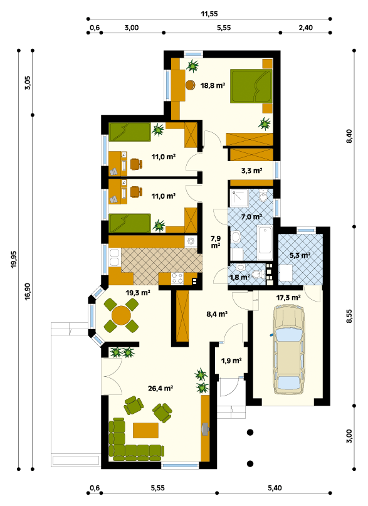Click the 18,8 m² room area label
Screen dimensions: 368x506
[x=213, y=85]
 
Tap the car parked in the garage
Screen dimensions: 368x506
[x=288, y=349]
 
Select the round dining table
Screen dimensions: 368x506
[x=121, y=315]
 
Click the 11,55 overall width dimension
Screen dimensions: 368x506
[x=209, y=14]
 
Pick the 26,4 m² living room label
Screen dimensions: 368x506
[x=160, y=388]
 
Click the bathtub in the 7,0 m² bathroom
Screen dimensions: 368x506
[x=265, y=240]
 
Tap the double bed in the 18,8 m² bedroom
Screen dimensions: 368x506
[x=251, y=86]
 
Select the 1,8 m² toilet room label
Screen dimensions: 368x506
[x=239, y=277]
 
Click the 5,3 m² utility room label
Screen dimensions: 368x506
[x=300, y=255]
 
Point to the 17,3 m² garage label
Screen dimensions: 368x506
[x=288, y=298]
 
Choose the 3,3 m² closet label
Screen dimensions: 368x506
[x=251, y=171]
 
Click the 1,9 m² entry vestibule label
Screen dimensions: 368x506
[x=231, y=361]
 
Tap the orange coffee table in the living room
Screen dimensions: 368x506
[x=146, y=430]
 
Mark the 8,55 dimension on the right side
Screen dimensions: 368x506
[x=350, y=316]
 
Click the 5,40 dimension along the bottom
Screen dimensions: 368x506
[x=275, y=488]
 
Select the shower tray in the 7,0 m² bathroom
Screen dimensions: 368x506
[x=239, y=198]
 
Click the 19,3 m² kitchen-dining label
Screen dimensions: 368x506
[x=138, y=293]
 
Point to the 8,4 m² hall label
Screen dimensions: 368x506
[x=217, y=314]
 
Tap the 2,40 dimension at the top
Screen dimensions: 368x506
[x=305, y=28]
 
